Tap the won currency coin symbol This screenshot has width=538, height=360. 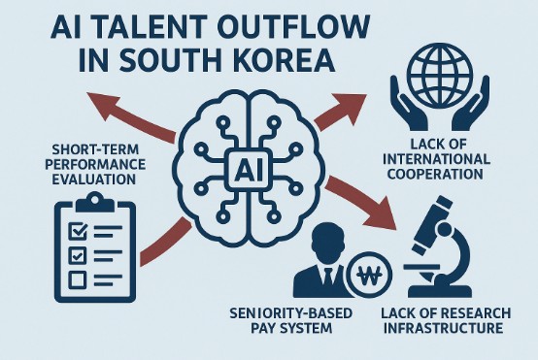(x=369, y=275)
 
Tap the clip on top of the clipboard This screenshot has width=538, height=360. (x=95, y=202)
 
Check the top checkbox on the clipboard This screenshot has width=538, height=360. (x=79, y=231)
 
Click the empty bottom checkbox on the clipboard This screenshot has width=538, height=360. (x=78, y=279)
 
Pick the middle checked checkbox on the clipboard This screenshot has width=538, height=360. (x=78, y=255)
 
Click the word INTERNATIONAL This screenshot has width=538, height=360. (x=436, y=159)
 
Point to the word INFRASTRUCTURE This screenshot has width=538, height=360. (x=443, y=328)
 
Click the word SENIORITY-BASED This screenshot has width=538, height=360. (x=291, y=313)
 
